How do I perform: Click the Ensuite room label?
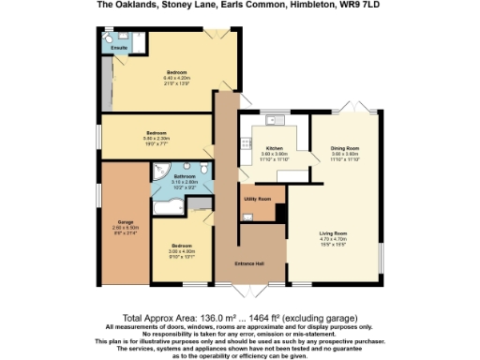point(120,46)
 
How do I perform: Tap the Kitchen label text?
point(275,147)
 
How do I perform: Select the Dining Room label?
point(345,147)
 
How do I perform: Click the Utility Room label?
point(258,199)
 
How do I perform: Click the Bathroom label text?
point(185,175)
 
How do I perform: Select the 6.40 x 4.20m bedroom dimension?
point(178,78)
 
